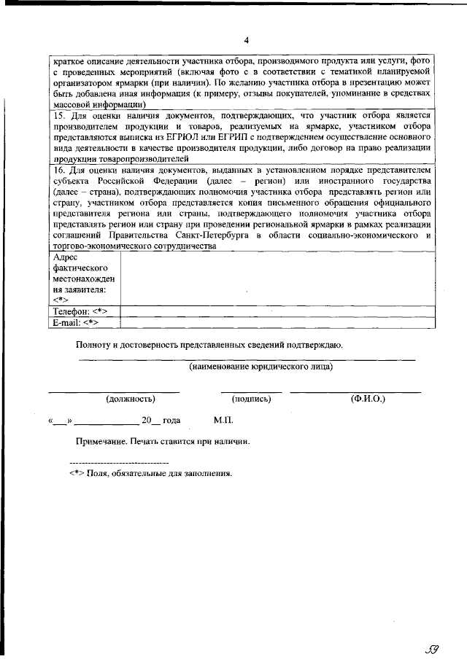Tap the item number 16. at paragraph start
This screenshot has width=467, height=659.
[61, 170]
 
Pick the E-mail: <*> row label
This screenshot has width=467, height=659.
[76, 321]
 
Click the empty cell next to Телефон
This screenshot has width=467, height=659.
[277, 311]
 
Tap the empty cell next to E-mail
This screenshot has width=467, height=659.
[277, 321]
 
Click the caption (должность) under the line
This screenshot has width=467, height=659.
[131, 399]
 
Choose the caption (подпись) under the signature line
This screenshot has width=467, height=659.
[252, 399]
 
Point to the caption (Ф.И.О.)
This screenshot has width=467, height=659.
[368, 399]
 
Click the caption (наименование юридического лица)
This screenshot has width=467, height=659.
[260, 367]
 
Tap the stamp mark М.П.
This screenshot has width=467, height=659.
[223, 421]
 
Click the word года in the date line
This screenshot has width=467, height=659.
[171, 421]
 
